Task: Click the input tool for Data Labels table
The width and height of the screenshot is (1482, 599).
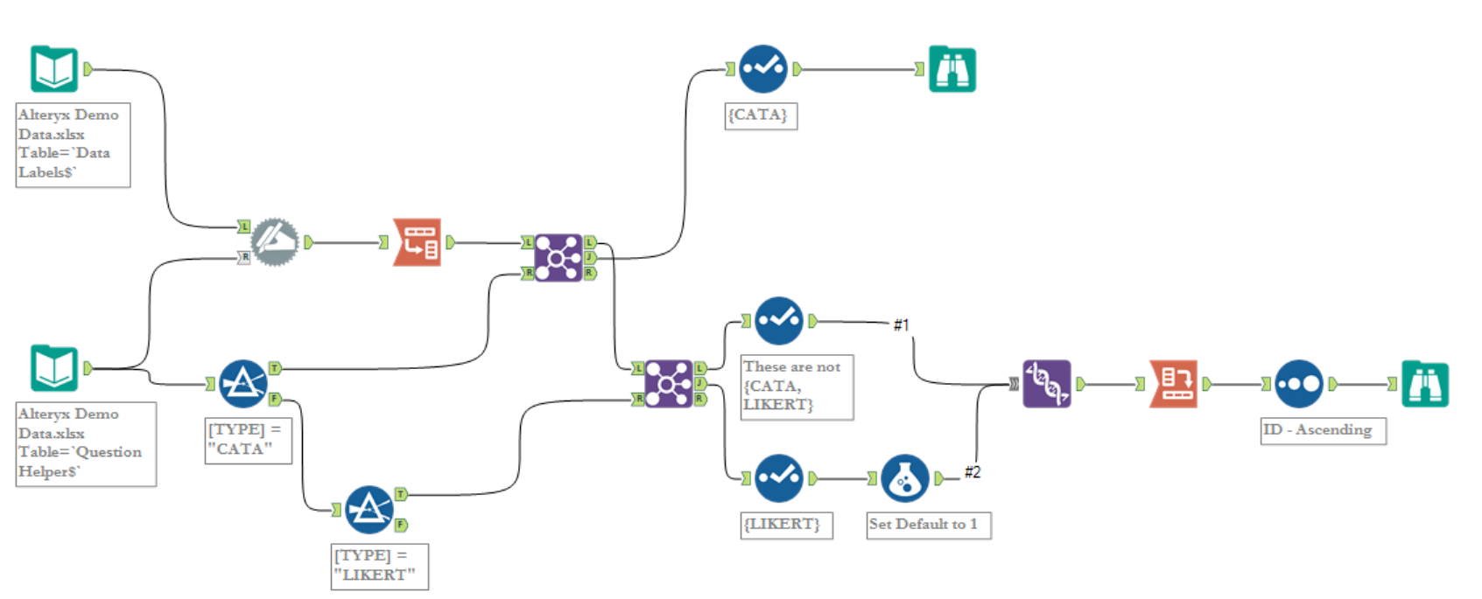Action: click(x=54, y=69)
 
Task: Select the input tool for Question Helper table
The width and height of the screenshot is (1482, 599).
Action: click(x=54, y=368)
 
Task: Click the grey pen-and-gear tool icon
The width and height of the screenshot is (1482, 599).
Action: click(x=275, y=242)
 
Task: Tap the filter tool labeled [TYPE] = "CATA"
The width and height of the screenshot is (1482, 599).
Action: click(x=242, y=384)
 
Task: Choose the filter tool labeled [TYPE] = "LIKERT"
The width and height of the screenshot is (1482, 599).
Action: click(x=369, y=510)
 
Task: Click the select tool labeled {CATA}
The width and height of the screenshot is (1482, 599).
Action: click(x=762, y=69)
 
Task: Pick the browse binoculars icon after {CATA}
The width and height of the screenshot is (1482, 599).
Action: click(x=952, y=69)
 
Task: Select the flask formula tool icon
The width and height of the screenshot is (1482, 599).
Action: click(x=904, y=478)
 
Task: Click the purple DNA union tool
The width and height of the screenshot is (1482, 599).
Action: click(x=1046, y=384)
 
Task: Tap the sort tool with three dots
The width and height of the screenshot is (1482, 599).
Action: click(x=1298, y=384)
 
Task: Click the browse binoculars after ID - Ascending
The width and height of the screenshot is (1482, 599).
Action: click(x=1424, y=384)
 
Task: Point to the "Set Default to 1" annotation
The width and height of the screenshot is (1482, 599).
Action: click(x=928, y=525)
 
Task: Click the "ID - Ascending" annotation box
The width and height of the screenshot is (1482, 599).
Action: click(x=1322, y=430)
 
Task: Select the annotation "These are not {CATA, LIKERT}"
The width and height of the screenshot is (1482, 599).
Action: click(x=796, y=387)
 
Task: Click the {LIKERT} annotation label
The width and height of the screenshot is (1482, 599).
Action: click(x=785, y=525)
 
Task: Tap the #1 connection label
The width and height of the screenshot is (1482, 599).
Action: click(x=901, y=325)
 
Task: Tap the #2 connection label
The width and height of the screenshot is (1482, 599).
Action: click(x=972, y=472)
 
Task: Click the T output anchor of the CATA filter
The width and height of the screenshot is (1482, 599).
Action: click(x=275, y=368)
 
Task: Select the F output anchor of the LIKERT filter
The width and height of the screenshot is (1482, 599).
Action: click(x=401, y=525)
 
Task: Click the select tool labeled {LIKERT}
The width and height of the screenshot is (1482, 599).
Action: click(x=778, y=478)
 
